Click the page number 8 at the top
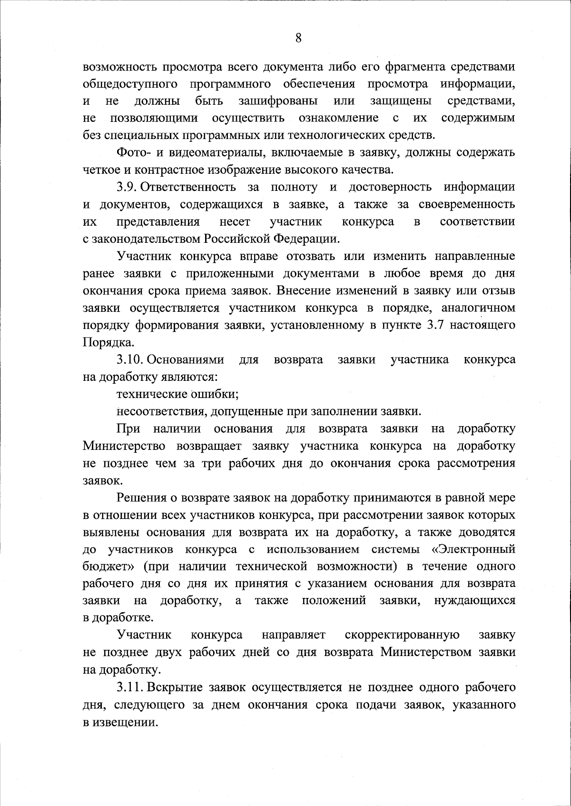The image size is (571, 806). click(298, 39)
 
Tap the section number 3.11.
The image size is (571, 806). click(129, 687)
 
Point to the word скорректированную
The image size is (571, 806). click(402, 635)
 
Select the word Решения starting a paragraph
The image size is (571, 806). click(140, 498)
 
